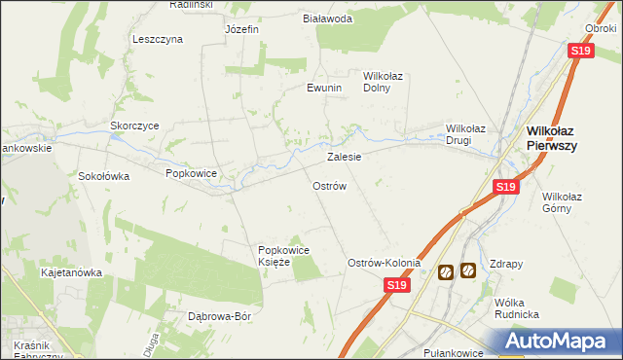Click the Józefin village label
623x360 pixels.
240,29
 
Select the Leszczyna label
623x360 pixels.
158,39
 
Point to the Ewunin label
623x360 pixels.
325,88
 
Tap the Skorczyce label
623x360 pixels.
134,126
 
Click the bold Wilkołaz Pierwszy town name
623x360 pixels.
552,137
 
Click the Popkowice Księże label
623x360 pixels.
282,256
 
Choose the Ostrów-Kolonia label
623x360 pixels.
385,263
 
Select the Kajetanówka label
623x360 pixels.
71,272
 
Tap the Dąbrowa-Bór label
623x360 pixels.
219,317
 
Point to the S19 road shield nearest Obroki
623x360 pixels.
581,52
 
